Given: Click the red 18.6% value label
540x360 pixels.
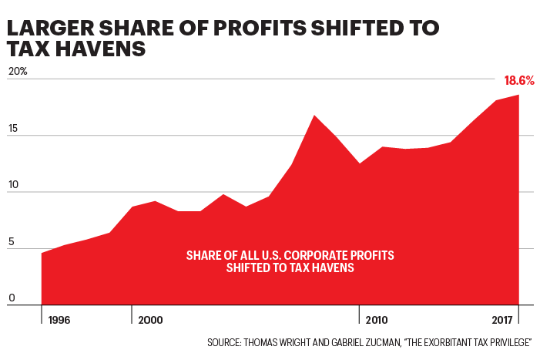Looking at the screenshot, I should click(x=519, y=81).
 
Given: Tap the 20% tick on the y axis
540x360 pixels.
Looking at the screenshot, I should click(x=18, y=72).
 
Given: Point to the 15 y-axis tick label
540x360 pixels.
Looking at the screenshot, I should click(x=13, y=129).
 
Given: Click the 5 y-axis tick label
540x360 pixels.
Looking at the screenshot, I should click(x=11, y=242).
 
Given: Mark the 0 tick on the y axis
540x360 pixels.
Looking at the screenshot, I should click(x=11, y=298).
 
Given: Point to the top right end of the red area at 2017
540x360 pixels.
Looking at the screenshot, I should click(x=518, y=96).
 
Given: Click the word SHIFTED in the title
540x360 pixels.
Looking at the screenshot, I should click(x=350, y=29).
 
